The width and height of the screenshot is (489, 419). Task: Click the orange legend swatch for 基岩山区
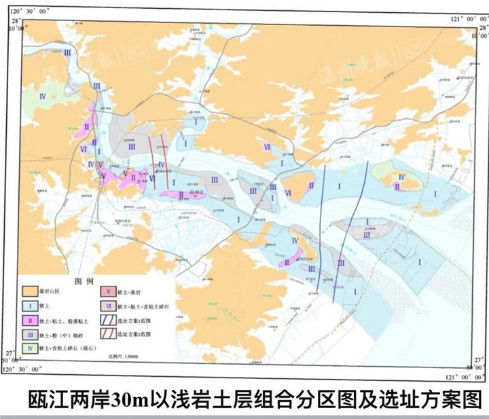[31, 291]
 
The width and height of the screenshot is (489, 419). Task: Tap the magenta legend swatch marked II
[31, 320]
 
